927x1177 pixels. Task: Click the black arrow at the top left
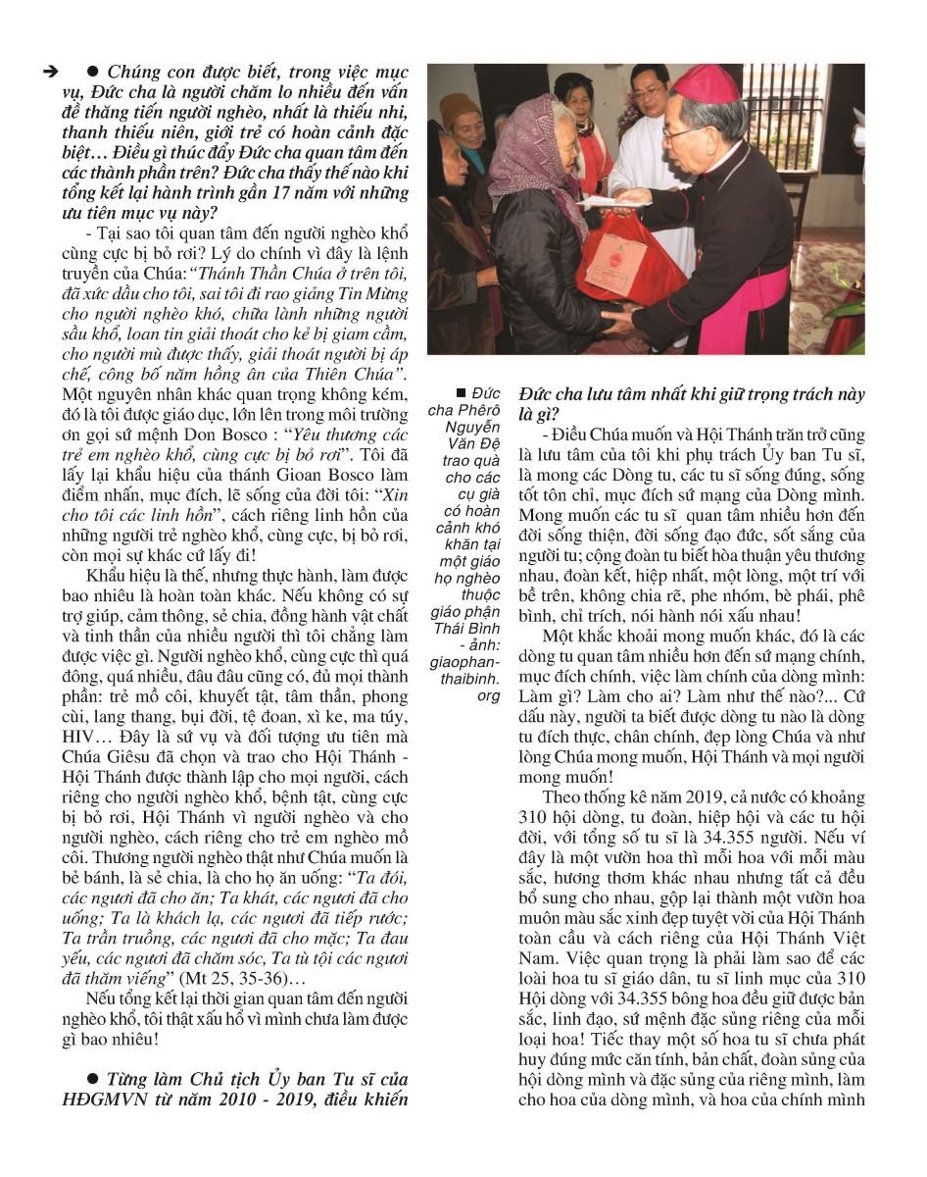point(48,74)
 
